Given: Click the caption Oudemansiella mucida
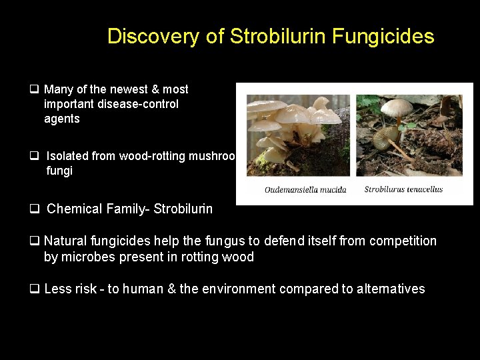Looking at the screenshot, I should (x=305, y=189).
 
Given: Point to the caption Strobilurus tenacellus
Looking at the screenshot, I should (x=403, y=189).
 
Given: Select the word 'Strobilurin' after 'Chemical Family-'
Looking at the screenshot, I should (x=183, y=209).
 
